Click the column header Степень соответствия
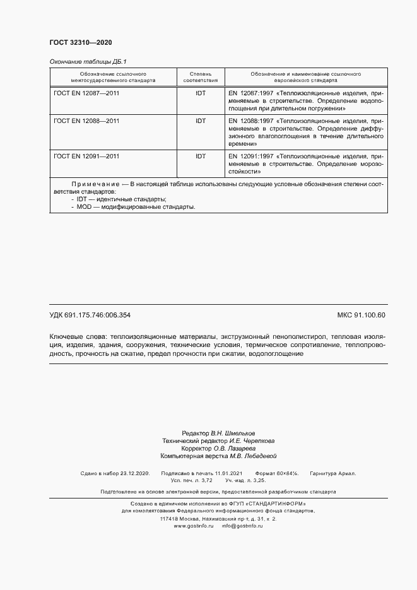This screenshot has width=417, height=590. (x=201, y=78)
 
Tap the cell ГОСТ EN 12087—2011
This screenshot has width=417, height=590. (x=87, y=93)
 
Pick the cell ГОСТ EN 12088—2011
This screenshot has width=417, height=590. (x=87, y=120)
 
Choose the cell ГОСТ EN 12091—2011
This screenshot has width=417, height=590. (x=87, y=155)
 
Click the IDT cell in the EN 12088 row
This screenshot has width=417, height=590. (x=201, y=120)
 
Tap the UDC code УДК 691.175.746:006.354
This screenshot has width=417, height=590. (x=90, y=315)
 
